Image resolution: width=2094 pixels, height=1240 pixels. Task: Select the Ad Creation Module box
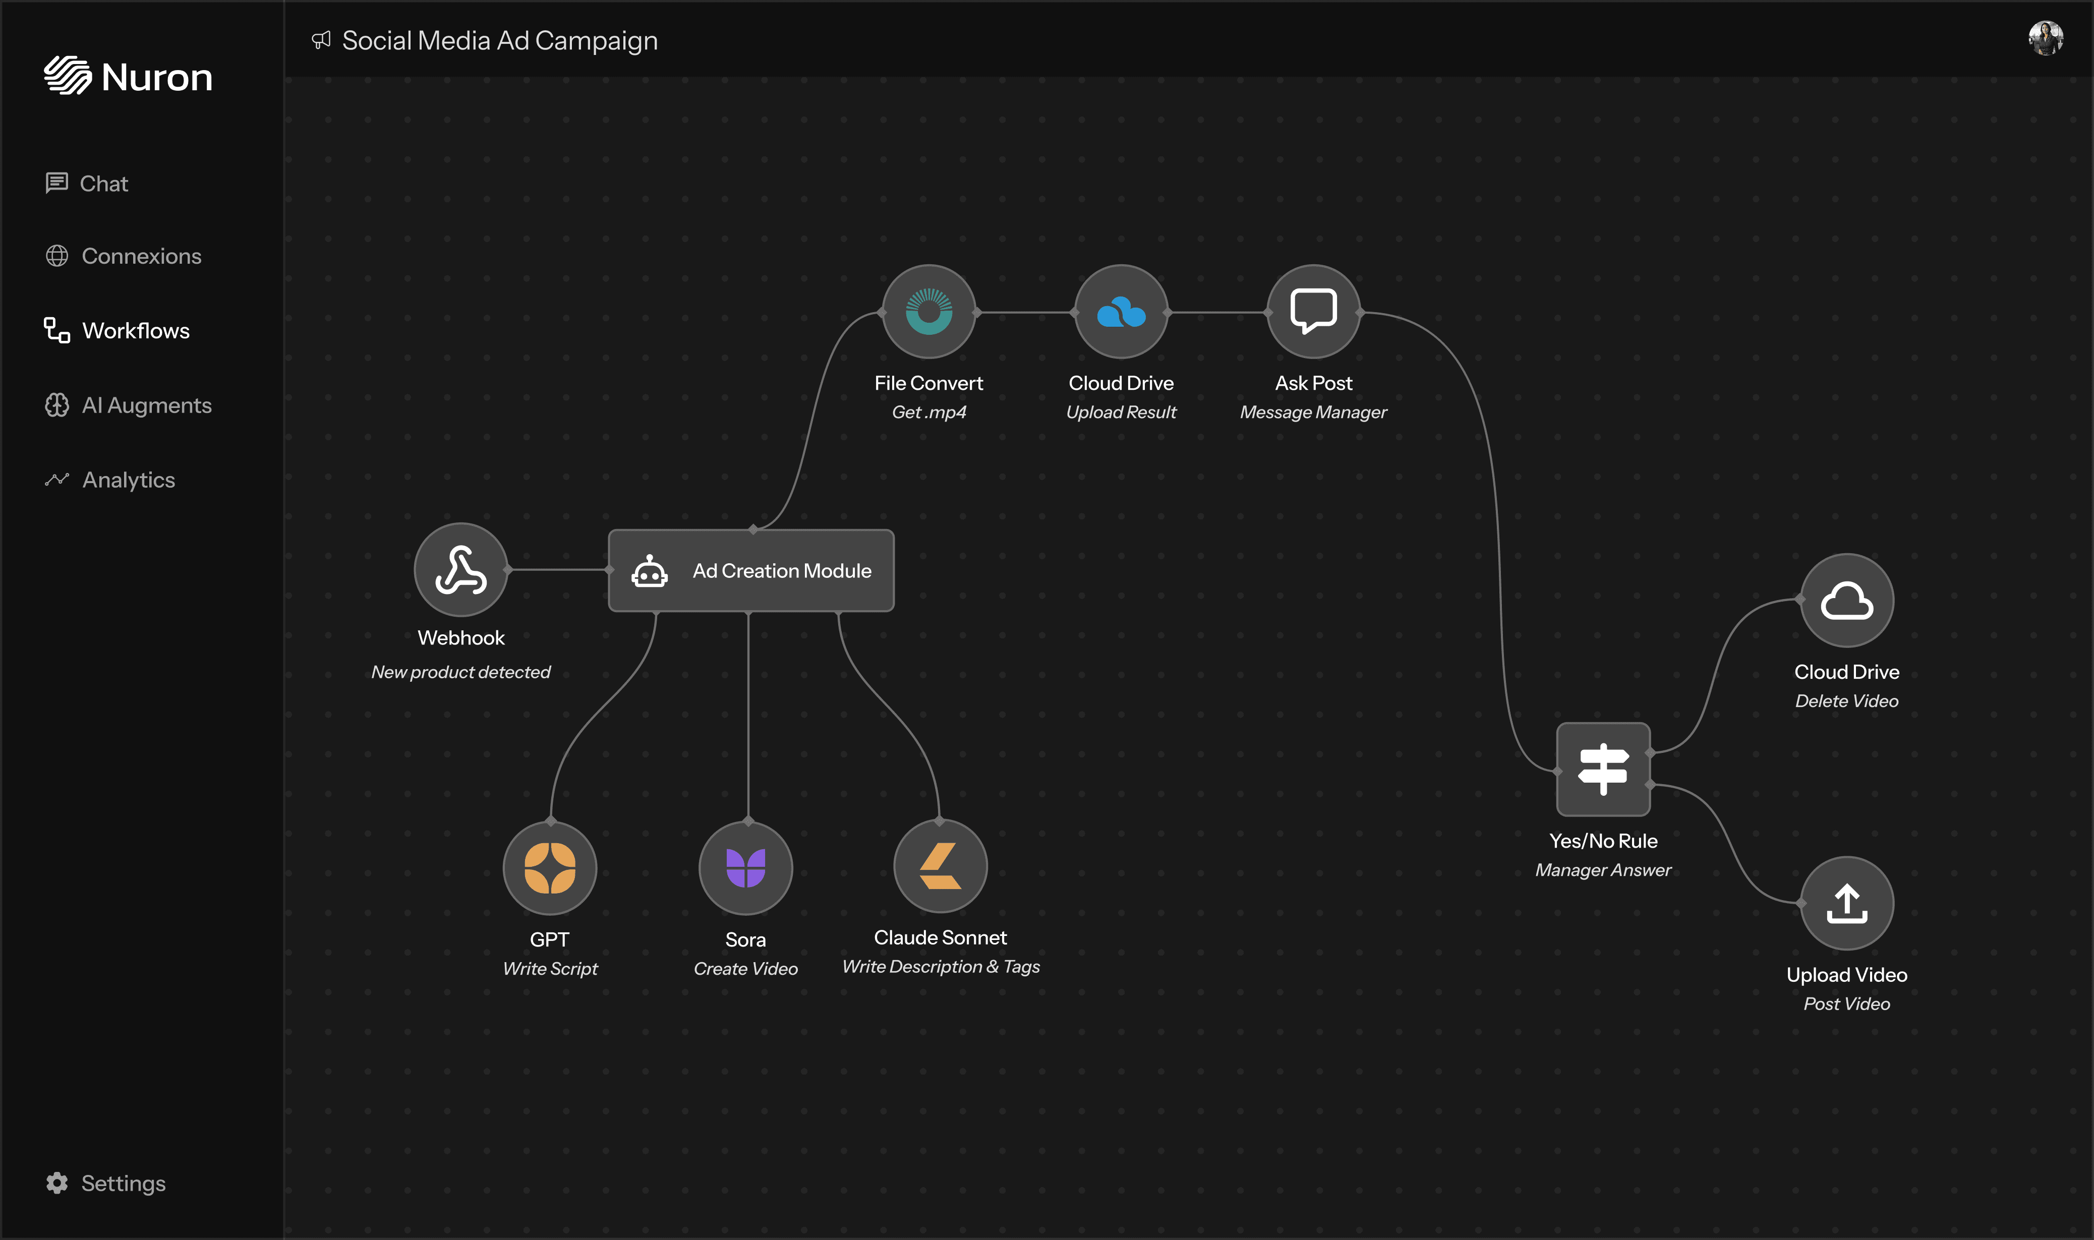coord(750,571)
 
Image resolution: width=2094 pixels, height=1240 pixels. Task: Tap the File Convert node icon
coord(928,312)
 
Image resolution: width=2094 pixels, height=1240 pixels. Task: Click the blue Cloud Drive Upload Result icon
coord(1121,312)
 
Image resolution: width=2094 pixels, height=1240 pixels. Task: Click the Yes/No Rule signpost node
coord(1603,769)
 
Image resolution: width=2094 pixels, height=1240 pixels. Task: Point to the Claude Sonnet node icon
coord(940,866)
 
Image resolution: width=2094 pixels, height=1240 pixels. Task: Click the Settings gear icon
coord(57,1183)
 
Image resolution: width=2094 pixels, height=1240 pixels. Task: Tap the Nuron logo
coord(128,76)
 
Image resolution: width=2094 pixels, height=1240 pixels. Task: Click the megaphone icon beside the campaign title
coord(321,40)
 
